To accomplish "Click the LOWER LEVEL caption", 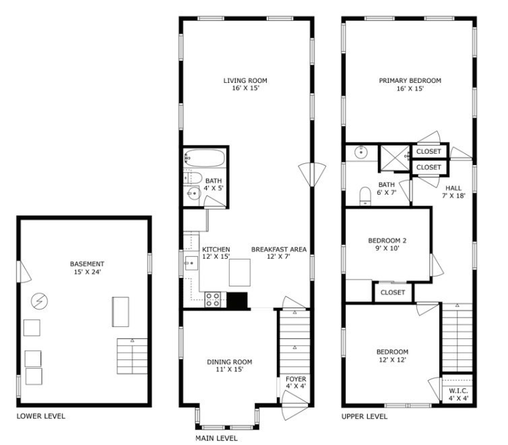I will coord(41,416).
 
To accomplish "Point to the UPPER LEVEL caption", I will coord(364,416).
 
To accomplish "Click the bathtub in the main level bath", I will coord(205,159).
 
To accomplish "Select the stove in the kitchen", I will coord(214,299).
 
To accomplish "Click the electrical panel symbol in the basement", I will coord(39,299).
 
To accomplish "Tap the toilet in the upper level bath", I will coord(366,196).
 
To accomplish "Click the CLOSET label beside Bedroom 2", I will coord(393,292).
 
